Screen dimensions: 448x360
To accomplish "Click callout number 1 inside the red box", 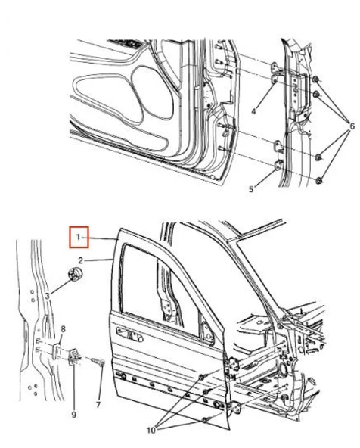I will [79, 239].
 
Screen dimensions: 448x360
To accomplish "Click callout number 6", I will [350, 125].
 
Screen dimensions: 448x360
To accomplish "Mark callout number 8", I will [64, 328].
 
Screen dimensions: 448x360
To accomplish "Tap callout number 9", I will [73, 414].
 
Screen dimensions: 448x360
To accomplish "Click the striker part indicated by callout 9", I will [76, 357].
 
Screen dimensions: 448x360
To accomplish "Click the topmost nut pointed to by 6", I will [315, 79].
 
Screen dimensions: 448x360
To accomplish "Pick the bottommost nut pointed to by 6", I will [320, 180].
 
